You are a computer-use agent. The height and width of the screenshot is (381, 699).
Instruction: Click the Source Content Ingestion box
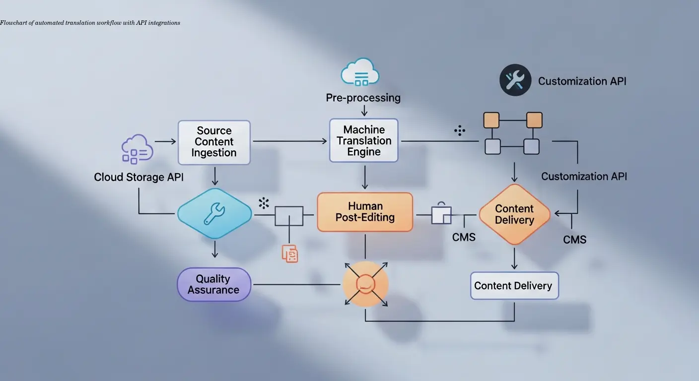click(x=214, y=142)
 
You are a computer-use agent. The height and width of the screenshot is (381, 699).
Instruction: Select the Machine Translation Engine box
click(x=364, y=140)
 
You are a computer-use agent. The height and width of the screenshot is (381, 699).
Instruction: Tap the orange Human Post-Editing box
click(x=365, y=212)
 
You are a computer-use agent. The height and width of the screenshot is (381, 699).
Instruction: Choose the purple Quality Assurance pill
click(x=214, y=285)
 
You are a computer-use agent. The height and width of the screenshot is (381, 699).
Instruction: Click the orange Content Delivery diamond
click(x=514, y=214)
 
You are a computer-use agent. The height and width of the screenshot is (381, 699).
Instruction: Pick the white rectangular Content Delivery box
click(x=514, y=286)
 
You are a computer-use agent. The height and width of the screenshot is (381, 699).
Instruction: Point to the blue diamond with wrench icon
click(x=214, y=214)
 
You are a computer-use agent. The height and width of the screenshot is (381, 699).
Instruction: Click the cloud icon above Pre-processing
click(x=360, y=72)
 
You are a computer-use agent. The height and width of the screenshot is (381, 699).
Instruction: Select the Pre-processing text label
click(x=363, y=98)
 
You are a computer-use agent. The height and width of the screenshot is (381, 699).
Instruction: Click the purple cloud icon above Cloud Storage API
click(x=134, y=149)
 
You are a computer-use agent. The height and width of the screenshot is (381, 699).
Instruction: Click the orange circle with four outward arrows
click(x=365, y=284)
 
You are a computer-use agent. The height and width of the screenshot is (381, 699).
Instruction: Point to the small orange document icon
click(x=290, y=253)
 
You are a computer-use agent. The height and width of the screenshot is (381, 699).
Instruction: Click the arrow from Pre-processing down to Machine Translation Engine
click(x=364, y=110)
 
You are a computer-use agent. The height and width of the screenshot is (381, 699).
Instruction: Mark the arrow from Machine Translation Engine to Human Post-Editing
click(x=365, y=177)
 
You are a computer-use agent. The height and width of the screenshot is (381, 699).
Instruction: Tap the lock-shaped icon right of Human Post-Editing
click(x=441, y=213)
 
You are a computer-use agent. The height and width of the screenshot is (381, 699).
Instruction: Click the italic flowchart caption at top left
click(x=90, y=23)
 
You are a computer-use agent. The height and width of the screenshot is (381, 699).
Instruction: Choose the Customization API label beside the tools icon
click(x=582, y=81)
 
